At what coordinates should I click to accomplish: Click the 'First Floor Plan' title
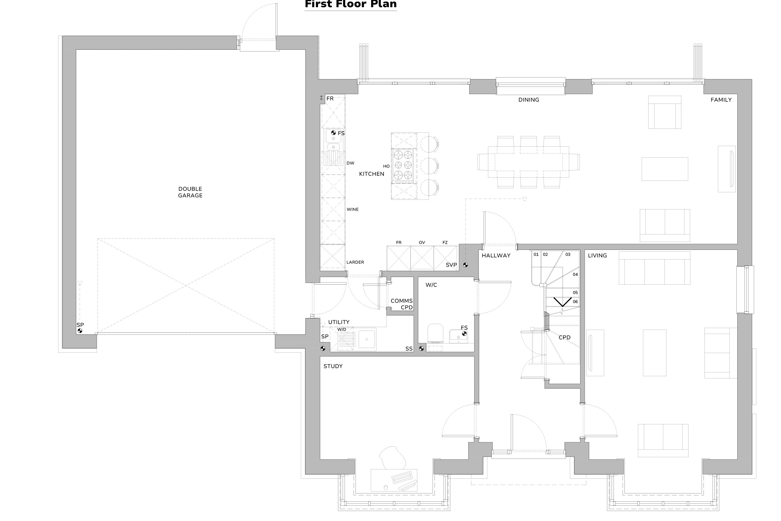click(x=351, y=4)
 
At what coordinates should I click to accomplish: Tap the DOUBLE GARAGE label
click(x=190, y=192)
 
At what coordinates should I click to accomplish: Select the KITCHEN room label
click(x=371, y=174)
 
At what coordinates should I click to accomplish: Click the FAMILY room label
click(x=721, y=100)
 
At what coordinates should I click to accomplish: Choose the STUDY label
click(x=333, y=366)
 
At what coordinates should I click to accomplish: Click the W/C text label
click(x=431, y=285)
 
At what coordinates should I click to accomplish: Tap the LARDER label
click(x=355, y=262)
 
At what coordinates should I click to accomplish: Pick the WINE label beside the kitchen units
click(x=352, y=209)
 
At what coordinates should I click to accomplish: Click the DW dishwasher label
click(x=350, y=163)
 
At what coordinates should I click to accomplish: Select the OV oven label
click(x=422, y=243)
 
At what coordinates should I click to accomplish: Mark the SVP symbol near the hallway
click(x=465, y=265)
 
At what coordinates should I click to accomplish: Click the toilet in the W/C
click(x=435, y=333)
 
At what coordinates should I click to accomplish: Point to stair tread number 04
click(x=575, y=275)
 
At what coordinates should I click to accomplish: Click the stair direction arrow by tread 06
click(x=562, y=302)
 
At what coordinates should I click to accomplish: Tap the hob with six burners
click(x=403, y=166)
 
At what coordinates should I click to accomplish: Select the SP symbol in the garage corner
click(x=80, y=331)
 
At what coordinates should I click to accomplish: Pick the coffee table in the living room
click(x=654, y=353)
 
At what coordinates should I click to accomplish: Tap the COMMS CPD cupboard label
click(x=402, y=304)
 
